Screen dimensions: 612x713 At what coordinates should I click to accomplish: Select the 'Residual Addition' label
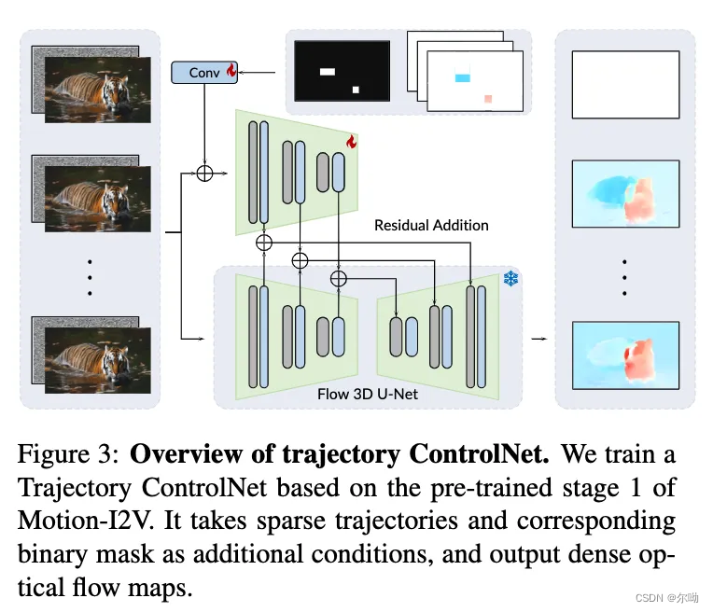(x=431, y=225)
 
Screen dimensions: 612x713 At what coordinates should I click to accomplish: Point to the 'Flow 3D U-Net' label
(x=368, y=394)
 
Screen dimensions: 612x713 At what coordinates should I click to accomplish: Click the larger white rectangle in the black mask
(x=327, y=70)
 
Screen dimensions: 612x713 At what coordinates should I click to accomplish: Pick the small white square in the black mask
(x=356, y=90)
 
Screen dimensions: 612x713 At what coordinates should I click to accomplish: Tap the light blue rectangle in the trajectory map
(x=462, y=78)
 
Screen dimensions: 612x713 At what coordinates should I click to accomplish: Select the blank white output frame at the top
(x=625, y=85)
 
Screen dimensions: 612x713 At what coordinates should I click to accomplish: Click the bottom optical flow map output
(x=625, y=355)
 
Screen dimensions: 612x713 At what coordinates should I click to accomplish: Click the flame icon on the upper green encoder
(x=351, y=142)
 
